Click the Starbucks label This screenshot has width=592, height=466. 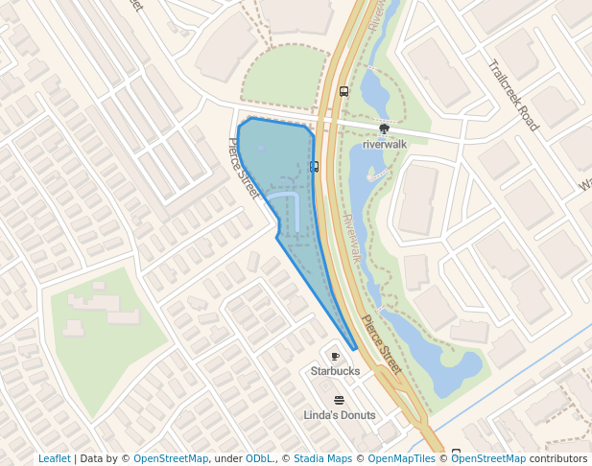tap(335, 370)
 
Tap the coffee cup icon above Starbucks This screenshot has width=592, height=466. tap(335, 356)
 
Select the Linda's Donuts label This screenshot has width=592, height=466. tap(339, 415)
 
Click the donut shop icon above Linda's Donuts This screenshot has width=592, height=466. tap(339, 400)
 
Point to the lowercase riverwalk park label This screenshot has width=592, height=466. tap(385, 145)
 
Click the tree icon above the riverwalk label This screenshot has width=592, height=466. tap(385, 128)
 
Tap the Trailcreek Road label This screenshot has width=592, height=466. tap(514, 96)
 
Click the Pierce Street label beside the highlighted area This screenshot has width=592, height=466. tap(244, 169)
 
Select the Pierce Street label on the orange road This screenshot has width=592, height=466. tap(381, 344)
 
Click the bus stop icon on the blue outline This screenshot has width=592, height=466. tap(314, 166)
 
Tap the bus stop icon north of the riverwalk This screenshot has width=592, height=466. tap(343, 92)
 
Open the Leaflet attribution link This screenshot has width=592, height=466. tap(55, 458)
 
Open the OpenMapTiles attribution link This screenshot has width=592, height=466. tap(399, 458)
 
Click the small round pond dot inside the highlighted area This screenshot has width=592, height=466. tap(261, 148)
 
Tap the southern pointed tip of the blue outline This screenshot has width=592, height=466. tap(356, 349)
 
